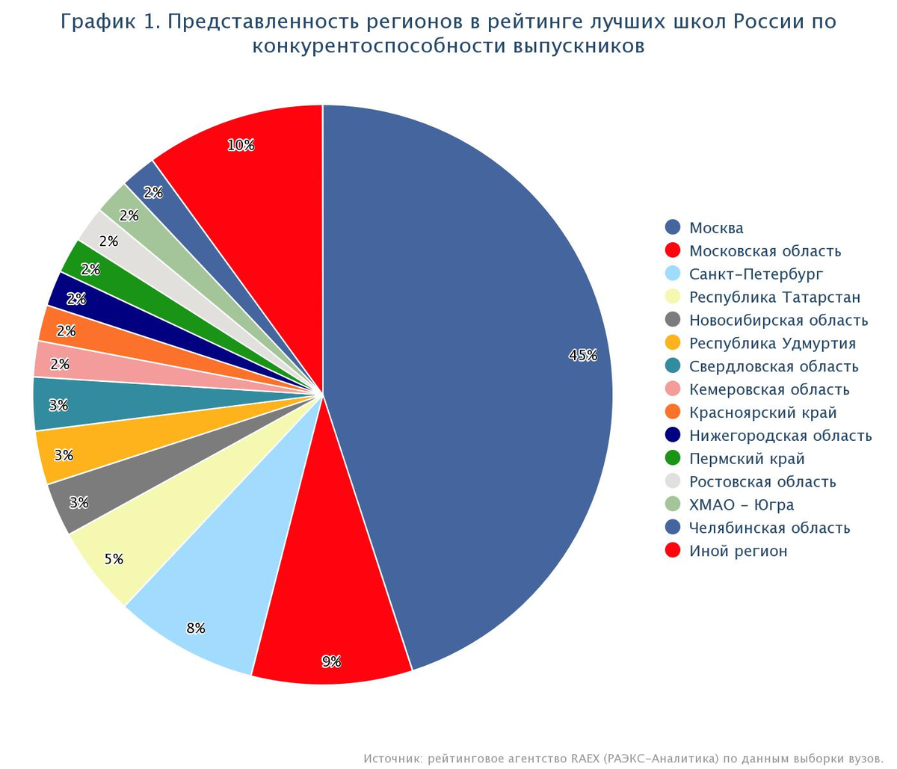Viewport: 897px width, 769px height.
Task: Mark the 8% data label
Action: pos(196,629)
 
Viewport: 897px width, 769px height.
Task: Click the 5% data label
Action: pos(114,559)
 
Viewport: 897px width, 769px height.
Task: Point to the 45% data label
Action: pos(583,356)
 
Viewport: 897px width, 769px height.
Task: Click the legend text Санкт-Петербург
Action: pos(756,274)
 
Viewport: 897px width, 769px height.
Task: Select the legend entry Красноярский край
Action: pos(762,413)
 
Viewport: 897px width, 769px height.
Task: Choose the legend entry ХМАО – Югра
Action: pos(741,505)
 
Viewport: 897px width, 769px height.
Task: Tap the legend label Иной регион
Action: pos(738,552)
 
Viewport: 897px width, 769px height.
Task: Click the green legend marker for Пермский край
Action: pos(673,458)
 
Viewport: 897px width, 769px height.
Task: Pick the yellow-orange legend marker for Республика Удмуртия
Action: pos(673,343)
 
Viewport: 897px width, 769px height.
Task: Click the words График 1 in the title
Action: pos(109,22)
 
